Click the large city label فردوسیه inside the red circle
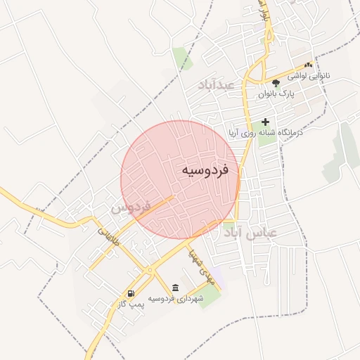click(205, 170)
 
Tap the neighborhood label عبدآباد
click(221, 84)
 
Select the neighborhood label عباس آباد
click(250, 231)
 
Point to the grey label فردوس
click(131, 208)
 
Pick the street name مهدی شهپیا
click(198, 265)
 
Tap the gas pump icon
click(131, 293)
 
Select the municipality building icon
click(174, 288)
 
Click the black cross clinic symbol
click(265, 122)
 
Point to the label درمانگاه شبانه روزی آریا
click(264, 132)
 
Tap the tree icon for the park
click(275, 82)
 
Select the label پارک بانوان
click(275, 93)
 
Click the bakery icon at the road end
click(308, 65)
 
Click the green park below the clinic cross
click(267, 140)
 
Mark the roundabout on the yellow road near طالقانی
click(148, 269)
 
